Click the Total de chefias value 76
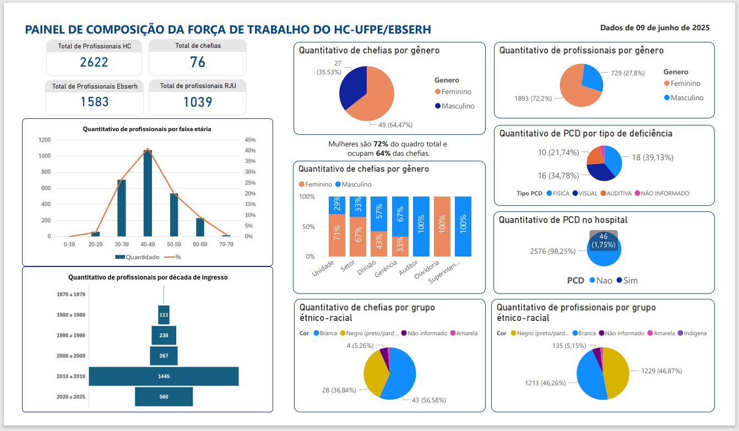(x=198, y=62)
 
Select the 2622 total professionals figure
(x=94, y=62)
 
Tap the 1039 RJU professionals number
(x=198, y=102)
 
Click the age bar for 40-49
(x=148, y=193)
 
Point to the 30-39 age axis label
(x=122, y=243)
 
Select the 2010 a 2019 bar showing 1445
(x=164, y=377)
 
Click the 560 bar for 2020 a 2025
(x=164, y=397)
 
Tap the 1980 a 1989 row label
(x=71, y=315)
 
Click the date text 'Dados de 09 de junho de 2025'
(x=655, y=28)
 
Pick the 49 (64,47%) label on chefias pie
(x=392, y=125)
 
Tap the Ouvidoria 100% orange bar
(x=442, y=226)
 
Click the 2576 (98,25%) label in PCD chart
(x=553, y=251)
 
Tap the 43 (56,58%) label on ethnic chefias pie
(x=429, y=400)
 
